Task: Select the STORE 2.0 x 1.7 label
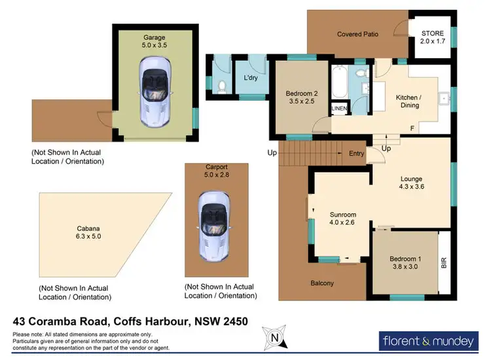coord(431,37)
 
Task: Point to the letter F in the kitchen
coord(412,128)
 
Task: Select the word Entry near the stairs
coord(356,154)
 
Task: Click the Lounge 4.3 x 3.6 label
coord(412,183)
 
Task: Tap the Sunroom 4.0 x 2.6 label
coord(342,219)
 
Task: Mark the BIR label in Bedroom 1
coord(444,264)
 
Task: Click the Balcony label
coord(322,283)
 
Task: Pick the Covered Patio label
coord(358,34)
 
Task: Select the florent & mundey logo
coord(427,340)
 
